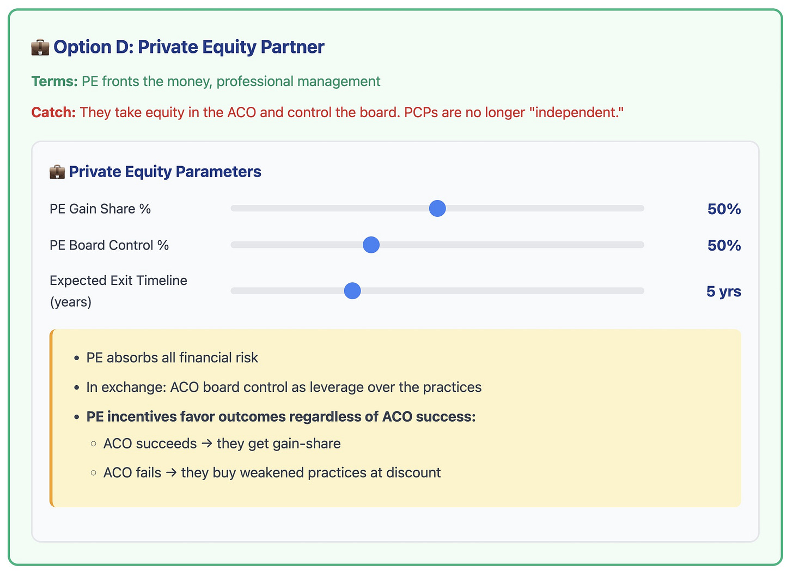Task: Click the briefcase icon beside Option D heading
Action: click(x=40, y=47)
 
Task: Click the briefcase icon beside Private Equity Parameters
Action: click(x=57, y=172)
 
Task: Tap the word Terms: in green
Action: click(x=54, y=82)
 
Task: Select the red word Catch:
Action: click(x=53, y=113)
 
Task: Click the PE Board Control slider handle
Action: click(x=371, y=245)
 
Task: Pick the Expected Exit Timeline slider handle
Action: click(x=352, y=291)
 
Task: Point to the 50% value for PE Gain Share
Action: click(x=724, y=209)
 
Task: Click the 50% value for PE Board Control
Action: click(x=724, y=246)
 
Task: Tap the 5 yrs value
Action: click(x=723, y=291)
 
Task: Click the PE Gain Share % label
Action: click(x=100, y=209)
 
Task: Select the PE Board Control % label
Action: click(x=109, y=246)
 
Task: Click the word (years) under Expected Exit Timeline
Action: click(x=71, y=302)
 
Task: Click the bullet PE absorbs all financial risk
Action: click(x=172, y=358)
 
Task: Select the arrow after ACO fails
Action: click(x=171, y=472)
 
